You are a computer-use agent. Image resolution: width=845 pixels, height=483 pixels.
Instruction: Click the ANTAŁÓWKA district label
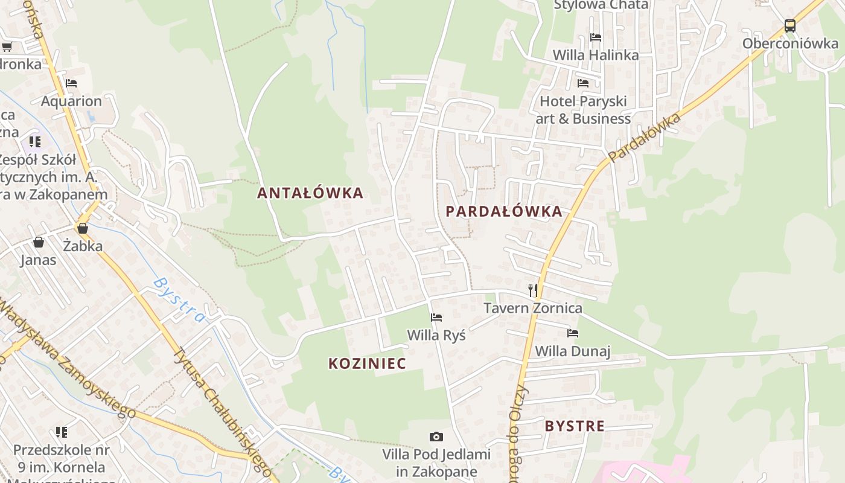pos(310,193)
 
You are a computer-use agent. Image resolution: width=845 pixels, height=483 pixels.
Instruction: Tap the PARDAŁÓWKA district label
pos(504,211)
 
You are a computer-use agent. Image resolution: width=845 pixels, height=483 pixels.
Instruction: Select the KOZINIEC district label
pos(367,363)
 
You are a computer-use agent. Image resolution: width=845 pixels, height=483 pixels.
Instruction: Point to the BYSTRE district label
pos(575,426)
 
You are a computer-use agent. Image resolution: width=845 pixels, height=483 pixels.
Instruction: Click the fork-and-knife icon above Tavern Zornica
pos(533,290)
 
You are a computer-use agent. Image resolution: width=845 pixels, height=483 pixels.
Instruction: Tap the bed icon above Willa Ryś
pos(436,318)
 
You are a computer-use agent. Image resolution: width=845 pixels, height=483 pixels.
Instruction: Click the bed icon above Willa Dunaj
pos(573,333)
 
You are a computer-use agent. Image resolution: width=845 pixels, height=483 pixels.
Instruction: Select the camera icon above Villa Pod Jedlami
pos(436,437)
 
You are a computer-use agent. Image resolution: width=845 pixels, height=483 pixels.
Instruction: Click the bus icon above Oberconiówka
pos(790,26)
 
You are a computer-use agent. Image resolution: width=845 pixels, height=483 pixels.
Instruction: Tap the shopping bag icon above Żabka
pos(83,228)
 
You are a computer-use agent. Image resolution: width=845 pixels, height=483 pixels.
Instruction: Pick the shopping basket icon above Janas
pos(39,243)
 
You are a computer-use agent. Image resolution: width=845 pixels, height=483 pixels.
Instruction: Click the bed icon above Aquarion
pos(71,83)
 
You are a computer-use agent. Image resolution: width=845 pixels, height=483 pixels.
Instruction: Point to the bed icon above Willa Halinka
pos(596,37)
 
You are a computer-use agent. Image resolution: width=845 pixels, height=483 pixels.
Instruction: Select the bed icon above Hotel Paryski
pos(583,83)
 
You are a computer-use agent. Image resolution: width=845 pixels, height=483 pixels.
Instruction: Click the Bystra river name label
pos(179,300)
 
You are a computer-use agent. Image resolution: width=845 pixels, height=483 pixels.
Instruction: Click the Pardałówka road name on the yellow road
pos(644,137)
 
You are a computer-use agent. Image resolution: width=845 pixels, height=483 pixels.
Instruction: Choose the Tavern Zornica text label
pos(533,309)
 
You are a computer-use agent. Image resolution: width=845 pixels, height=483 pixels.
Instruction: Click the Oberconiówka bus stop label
pos(790,43)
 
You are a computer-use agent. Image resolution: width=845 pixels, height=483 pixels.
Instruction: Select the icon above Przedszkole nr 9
pos(61,432)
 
